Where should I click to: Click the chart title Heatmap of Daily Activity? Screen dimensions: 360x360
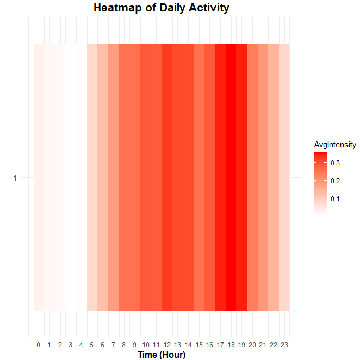[x=162, y=8]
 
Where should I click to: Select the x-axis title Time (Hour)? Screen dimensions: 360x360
[x=162, y=355]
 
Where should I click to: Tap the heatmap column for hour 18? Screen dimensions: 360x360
[x=231, y=177]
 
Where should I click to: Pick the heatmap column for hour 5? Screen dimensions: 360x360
[x=92, y=177]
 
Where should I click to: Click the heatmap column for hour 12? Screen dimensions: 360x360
[x=166, y=177]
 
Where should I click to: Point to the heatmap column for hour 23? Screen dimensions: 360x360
[x=284, y=177]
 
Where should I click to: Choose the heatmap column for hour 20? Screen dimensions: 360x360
[x=252, y=177]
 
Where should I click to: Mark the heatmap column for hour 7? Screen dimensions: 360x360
[x=113, y=177]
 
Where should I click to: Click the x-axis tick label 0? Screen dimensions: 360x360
[x=39, y=345]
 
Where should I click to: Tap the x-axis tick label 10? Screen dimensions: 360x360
[x=145, y=345]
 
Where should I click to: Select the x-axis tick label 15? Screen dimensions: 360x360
[x=198, y=345]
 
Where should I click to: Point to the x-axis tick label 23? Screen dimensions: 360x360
[x=284, y=345]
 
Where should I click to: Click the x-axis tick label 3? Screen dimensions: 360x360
[x=71, y=345]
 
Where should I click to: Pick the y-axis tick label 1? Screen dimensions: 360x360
[x=15, y=178]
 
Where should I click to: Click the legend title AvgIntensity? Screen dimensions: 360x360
[x=335, y=145]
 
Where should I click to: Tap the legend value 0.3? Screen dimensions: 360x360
[x=335, y=163]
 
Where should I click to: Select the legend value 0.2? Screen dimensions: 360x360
[x=335, y=181]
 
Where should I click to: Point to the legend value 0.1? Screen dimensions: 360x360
[x=335, y=199]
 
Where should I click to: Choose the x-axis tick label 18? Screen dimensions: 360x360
[x=231, y=345]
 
